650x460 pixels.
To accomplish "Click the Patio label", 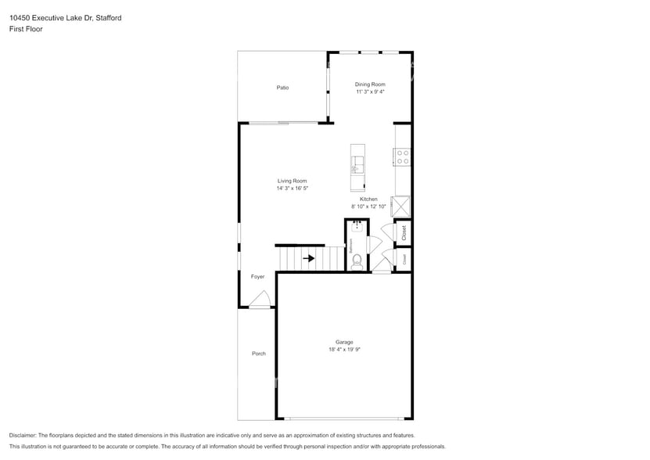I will point(282,88).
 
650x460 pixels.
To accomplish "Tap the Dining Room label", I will point(370,84).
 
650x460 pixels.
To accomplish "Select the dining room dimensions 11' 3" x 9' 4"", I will point(370,92).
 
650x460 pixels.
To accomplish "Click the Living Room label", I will point(292,181).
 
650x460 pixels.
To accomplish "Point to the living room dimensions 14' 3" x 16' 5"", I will point(292,189).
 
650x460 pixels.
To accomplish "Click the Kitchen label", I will point(368,199).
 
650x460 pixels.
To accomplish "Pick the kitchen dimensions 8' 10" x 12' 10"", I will point(368,207).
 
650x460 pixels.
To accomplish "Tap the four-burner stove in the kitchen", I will point(403,156).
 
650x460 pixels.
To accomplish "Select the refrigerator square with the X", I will point(402,206).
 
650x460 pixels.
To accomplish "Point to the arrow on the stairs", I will point(309,258).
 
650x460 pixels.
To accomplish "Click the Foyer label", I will point(257,277).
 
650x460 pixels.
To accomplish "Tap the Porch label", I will point(258,354).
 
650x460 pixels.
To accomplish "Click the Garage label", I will point(344,342).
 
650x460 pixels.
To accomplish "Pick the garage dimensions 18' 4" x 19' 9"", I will point(344,350).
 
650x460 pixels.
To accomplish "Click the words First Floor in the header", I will point(26,29).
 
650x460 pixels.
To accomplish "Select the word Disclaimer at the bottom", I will point(23,435).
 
